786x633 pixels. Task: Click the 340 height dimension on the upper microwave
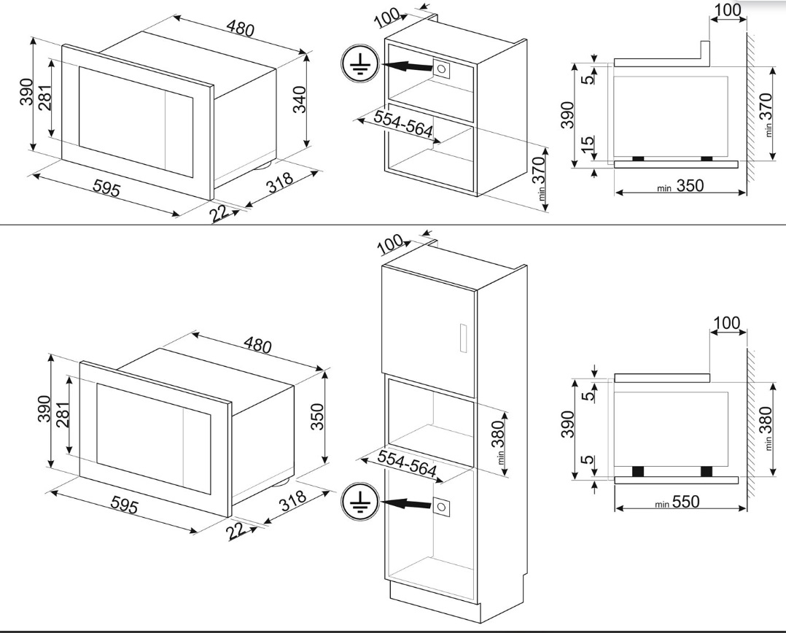pyautogui.click(x=298, y=100)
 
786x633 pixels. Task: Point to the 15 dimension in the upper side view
pyautogui.click(x=588, y=142)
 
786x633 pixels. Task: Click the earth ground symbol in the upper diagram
pyautogui.click(x=359, y=64)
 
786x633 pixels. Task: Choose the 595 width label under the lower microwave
pyautogui.click(x=123, y=505)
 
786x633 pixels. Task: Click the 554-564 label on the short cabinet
pyautogui.click(x=403, y=123)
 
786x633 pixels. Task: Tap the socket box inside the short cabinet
pyautogui.click(x=441, y=69)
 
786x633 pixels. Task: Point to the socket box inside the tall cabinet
pyautogui.click(x=441, y=507)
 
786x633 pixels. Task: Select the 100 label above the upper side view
pyautogui.click(x=728, y=10)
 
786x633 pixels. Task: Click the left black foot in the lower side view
pyautogui.click(x=638, y=471)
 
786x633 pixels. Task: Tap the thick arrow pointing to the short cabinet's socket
pyautogui.click(x=406, y=66)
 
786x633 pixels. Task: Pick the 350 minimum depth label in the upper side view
pyautogui.click(x=680, y=186)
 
